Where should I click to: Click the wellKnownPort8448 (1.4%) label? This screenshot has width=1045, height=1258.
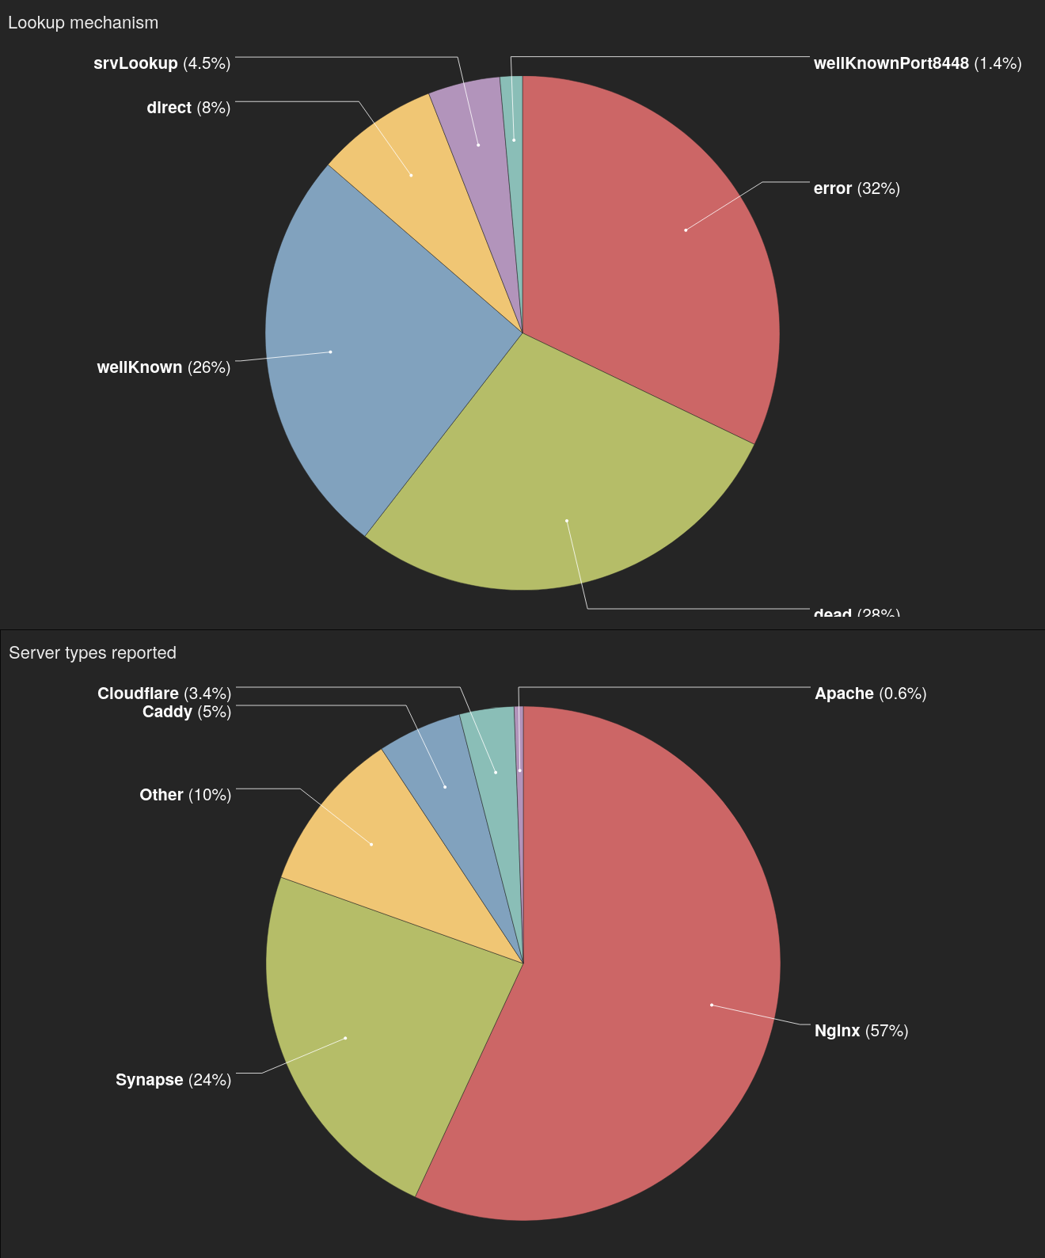click(x=917, y=63)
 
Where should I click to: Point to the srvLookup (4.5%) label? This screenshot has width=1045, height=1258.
click(x=161, y=63)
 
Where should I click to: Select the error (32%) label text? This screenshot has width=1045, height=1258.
click(x=856, y=188)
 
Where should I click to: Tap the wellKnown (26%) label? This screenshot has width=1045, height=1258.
click(x=163, y=367)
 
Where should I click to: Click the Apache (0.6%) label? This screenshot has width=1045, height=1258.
click(x=870, y=694)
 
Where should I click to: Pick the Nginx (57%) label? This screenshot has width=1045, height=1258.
click(x=861, y=1031)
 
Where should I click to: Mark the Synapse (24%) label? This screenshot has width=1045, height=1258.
click(x=173, y=1080)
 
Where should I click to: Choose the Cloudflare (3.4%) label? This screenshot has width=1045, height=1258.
click(x=164, y=694)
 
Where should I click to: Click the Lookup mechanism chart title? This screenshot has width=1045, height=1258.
click(x=83, y=23)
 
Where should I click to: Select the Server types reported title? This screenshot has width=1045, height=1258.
click(x=93, y=653)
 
